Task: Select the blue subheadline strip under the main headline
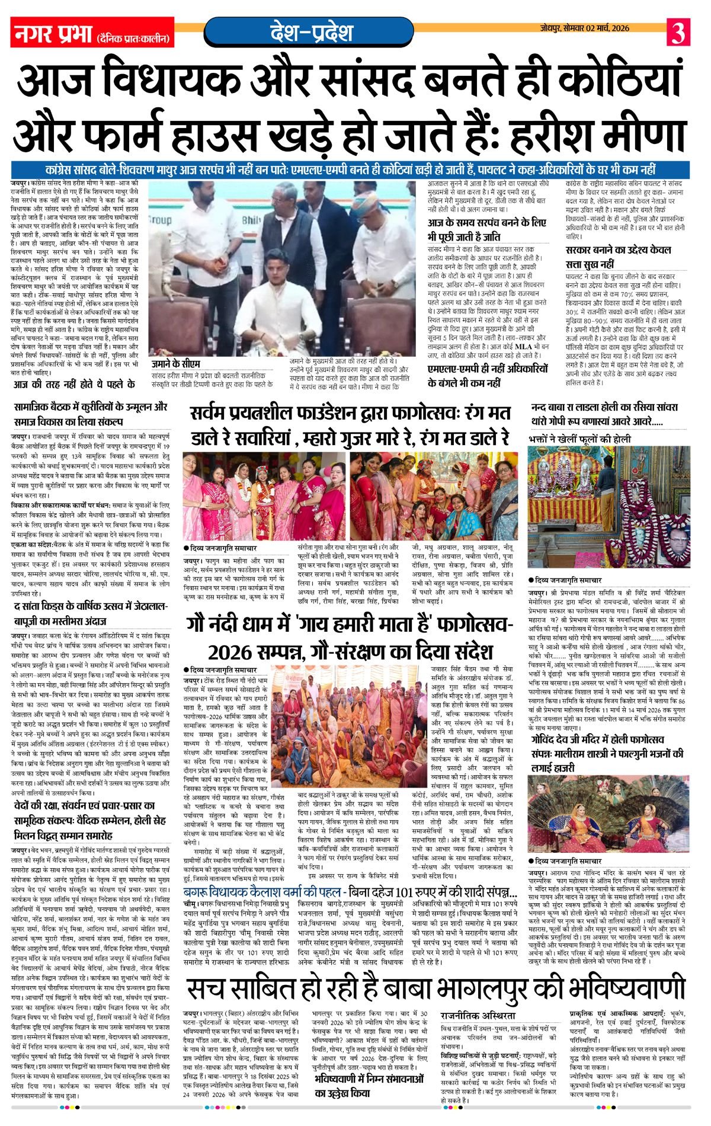point(355,168)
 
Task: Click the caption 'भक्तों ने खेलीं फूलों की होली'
point(581,439)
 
